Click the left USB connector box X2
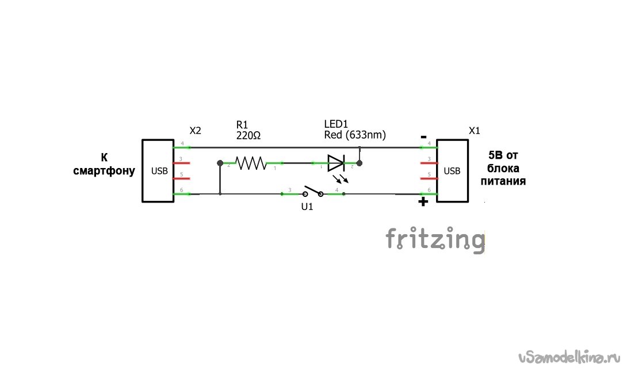click(158, 171)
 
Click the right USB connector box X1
click(452, 171)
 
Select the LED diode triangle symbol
click(335, 163)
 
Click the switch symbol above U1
click(312, 191)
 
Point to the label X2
click(195, 131)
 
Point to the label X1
click(475, 131)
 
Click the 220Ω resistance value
click(248, 136)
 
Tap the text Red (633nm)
click(355, 135)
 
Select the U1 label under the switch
click(307, 207)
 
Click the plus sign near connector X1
click(423, 201)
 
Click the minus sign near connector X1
click(423, 137)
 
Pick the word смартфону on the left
click(104, 171)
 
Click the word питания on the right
click(503, 181)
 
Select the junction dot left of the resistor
click(220, 163)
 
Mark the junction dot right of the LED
click(360, 163)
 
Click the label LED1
click(336, 125)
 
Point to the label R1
click(242, 125)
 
